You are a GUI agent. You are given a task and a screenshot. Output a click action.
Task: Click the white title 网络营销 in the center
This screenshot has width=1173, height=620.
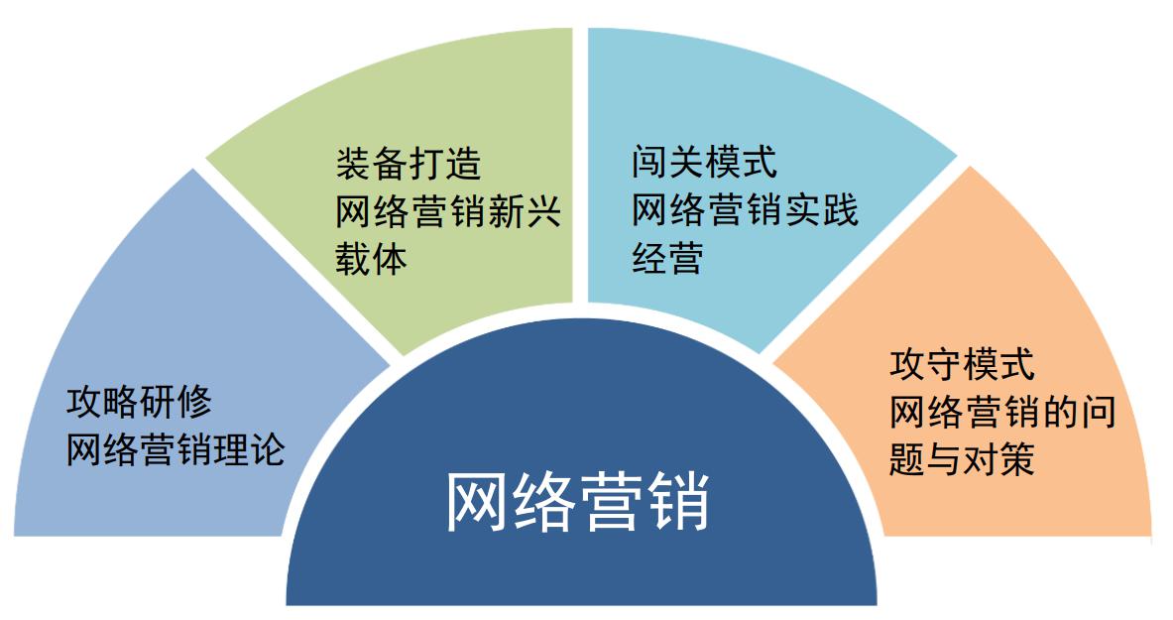[577, 502]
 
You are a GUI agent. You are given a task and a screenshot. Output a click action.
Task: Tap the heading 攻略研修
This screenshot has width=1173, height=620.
[139, 402]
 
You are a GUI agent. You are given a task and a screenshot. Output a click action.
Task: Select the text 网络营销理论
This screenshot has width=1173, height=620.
[176, 449]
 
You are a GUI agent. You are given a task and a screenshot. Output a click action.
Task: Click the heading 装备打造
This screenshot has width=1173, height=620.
[409, 164]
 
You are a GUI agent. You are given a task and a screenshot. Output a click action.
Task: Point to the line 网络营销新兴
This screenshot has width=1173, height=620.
[448, 211]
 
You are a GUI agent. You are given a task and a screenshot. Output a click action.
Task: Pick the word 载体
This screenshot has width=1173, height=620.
[371, 259]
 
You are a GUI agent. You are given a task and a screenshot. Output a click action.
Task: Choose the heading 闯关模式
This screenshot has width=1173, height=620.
[705, 162]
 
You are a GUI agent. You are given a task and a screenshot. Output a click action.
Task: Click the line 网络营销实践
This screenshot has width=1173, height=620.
[745, 209]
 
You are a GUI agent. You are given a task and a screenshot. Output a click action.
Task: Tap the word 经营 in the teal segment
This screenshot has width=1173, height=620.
[667, 258]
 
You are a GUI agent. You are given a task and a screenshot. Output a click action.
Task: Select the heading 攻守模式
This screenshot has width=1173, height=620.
[962, 365]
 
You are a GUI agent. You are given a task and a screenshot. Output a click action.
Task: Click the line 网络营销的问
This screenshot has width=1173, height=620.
[1002, 412]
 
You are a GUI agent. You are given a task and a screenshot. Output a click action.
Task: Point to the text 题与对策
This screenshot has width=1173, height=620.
[962, 459]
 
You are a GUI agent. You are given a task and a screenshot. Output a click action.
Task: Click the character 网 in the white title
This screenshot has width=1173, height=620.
[478, 502]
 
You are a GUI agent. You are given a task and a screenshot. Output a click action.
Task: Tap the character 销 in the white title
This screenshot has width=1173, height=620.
[678, 502]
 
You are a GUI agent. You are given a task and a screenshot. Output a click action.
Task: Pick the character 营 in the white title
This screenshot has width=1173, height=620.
[611, 502]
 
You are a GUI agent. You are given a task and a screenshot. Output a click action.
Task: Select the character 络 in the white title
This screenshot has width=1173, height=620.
[544, 502]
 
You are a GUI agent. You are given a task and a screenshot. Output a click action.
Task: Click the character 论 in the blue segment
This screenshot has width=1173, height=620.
[268, 449]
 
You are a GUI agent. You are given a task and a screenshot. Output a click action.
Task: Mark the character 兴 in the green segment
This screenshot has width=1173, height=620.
[543, 211]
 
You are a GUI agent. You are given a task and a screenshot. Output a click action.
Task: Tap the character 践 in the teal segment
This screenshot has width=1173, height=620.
[840, 209]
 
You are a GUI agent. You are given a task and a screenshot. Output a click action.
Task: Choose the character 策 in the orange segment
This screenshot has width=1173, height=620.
[1017, 459]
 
